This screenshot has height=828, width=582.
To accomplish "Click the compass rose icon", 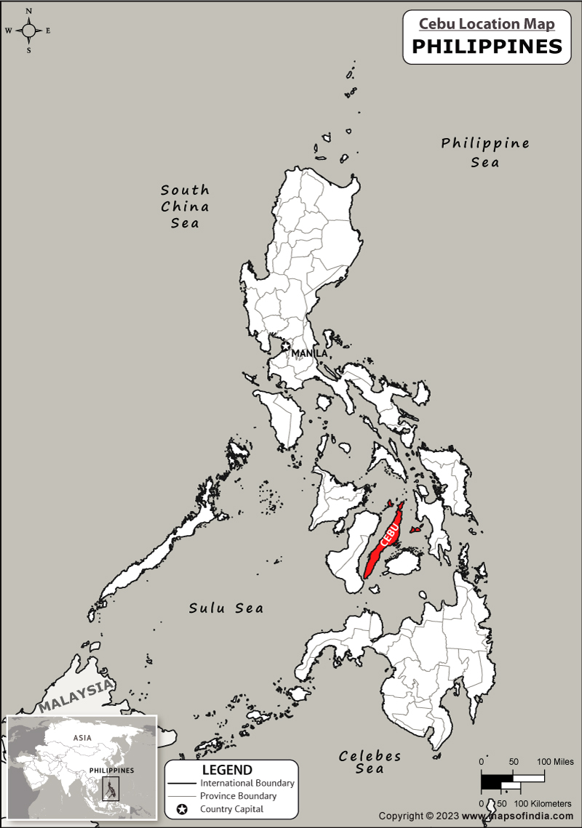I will pyautogui.click(x=28, y=30).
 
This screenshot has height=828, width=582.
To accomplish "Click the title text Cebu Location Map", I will pyautogui.click(x=487, y=23).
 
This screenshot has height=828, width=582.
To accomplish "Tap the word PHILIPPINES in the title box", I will pyautogui.click(x=487, y=47).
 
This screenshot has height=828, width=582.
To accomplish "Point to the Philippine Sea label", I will pyautogui.click(x=485, y=152).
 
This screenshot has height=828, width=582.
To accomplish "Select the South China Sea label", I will pyautogui.click(x=185, y=206).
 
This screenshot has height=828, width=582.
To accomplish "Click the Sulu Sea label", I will pyautogui.click(x=226, y=608).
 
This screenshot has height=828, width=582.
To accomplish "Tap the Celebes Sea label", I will pyautogui.click(x=370, y=762).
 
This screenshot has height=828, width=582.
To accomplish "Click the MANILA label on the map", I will pyautogui.click(x=309, y=353).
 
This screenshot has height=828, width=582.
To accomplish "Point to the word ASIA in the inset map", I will pyautogui.click(x=82, y=738).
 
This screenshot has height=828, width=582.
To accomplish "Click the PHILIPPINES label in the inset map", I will pyautogui.click(x=111, y=770).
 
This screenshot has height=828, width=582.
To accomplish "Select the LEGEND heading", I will pyautogui.click(x=227, y=770).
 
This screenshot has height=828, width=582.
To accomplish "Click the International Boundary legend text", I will pyautogui.click(x=247, y=783).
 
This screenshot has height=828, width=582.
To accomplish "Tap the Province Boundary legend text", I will pyautogui.click(x=238, y=796).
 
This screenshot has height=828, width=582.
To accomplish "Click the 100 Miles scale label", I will pyautogui.click(x=555, y=761).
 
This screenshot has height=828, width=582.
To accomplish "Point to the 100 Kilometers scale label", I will pyautogui.click(x=543, y=803).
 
